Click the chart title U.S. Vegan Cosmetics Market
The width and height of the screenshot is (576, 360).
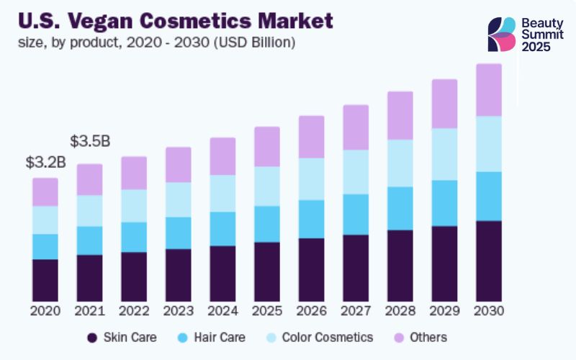(173, 19)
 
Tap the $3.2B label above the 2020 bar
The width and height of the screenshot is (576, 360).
(45, 163)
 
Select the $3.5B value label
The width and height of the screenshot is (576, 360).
(90, 141)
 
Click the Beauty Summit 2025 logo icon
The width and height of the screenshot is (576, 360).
(502, 34)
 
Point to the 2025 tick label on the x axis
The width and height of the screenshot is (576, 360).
(266, 311)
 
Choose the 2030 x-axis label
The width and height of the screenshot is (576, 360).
(489, 311)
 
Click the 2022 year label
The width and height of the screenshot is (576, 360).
(134, 311)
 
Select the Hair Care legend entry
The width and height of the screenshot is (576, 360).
(214, 337)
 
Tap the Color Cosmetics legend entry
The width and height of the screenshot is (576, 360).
(318, 337)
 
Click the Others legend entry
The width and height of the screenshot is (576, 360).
(420, 337)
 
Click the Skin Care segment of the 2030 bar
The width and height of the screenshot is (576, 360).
(489, 261)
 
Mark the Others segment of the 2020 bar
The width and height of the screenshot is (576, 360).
(45, 192)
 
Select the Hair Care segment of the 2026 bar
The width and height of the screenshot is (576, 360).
(311, 219)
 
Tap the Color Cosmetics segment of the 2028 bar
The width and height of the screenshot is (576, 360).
(400, 163)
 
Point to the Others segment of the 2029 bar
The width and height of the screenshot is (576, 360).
(444, 104)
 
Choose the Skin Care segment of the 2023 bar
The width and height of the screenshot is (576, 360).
(179, 275)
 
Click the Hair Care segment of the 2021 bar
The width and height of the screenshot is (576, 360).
(90, 240)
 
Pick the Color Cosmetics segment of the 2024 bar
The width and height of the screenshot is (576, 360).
(222, 193)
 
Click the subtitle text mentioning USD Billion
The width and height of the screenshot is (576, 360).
(156, 42)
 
